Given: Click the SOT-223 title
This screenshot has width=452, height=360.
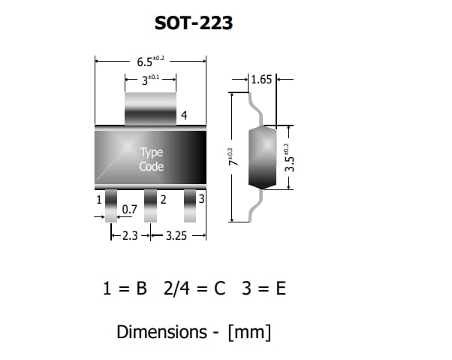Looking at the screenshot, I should click(x=193, y=23).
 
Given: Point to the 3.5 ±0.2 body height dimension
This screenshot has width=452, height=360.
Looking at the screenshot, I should click(x=287, y=159).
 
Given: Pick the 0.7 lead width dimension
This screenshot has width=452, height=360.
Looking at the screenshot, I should click(x=129, y=210).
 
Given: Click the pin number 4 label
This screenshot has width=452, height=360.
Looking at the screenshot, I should click(x=183, y=115).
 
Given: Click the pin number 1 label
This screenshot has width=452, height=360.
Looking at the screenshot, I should click(x=99, y=200).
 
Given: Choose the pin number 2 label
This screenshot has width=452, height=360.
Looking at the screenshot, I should click(x=163, y=199).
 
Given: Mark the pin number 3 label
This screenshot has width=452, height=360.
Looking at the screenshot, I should click(x=201, y=199).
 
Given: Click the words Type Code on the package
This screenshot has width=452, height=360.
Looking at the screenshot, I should click(x=151, y=159).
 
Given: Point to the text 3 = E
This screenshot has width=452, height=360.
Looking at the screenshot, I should click(x=264, y=289).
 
